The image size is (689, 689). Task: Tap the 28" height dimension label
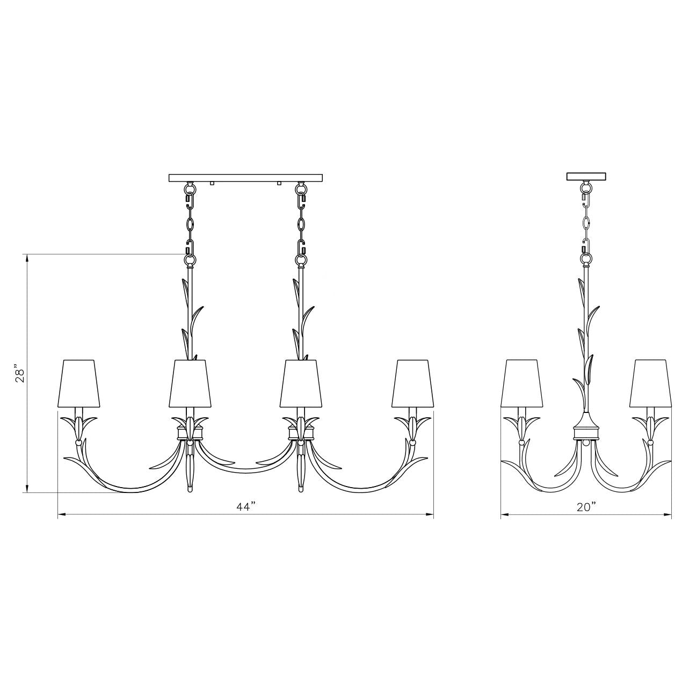coord(20,374)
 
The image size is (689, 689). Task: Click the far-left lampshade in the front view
coord(78,383)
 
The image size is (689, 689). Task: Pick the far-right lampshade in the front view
coord(414,383)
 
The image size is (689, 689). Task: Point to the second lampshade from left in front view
coord(190,383)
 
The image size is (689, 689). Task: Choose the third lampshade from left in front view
coord(301,383)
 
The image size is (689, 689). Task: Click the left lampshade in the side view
coord(522,383)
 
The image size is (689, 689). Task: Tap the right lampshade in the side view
coord(651,383)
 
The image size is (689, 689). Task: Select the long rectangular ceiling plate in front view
coord(245,178)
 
